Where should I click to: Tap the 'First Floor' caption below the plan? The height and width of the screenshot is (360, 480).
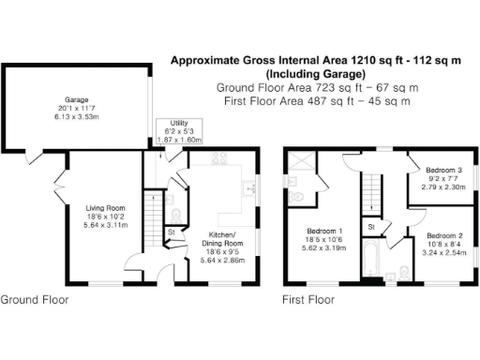308,300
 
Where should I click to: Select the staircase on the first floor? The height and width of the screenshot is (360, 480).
373,192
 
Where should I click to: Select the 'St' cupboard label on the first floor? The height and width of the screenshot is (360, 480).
371,227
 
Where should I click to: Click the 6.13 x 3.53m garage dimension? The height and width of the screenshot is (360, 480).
76,115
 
